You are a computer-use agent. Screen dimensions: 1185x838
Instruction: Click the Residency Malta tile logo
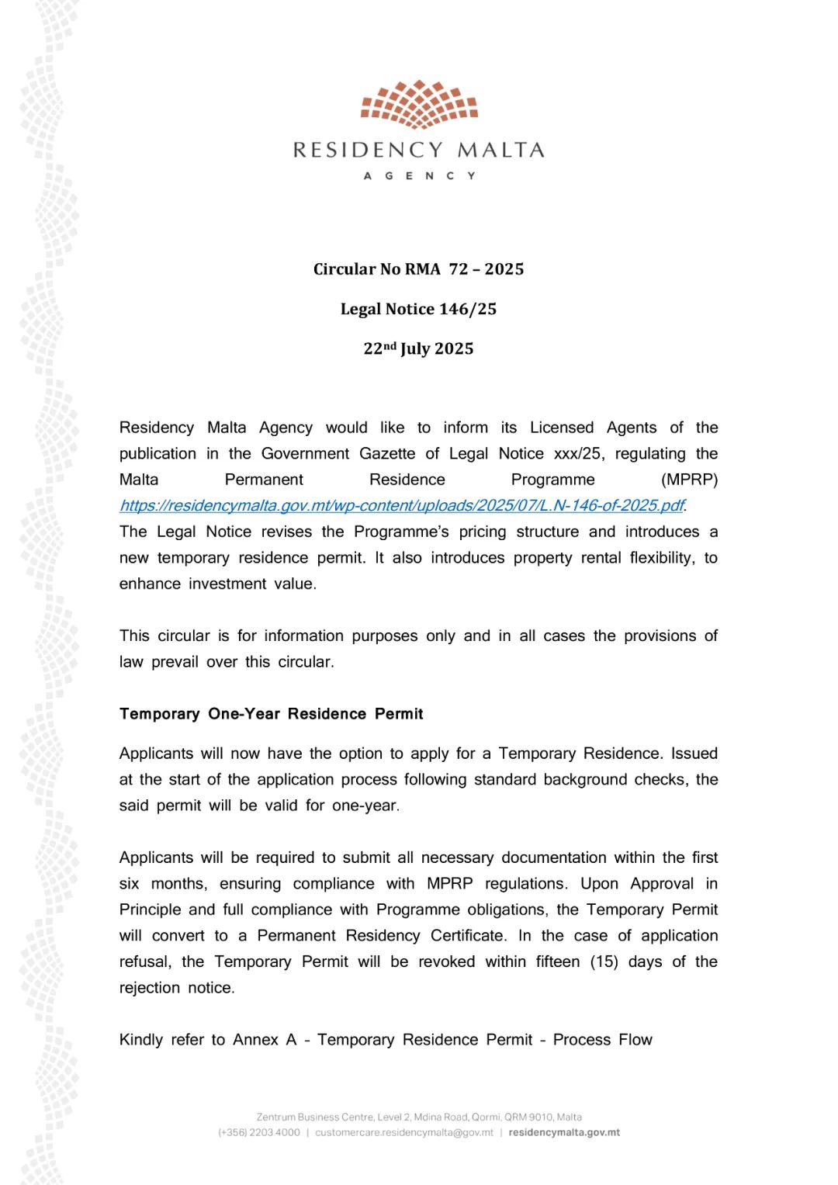pos(419,104)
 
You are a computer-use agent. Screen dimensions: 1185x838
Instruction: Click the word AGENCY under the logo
pos(419,176)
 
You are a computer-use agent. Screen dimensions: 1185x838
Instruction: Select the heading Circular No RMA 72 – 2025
pos(419,269)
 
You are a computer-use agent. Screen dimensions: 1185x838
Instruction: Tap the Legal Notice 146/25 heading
pos(419,309)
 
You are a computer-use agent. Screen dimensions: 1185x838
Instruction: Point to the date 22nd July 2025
pos(419,348)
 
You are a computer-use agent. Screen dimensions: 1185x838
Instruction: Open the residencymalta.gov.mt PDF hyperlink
pos(402,506)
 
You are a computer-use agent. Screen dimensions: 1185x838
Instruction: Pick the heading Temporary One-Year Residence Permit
pos(272,714)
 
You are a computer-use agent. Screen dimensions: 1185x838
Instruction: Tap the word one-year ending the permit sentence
pos(365,806)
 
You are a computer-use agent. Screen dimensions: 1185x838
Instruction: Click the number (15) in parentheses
pos(604,962)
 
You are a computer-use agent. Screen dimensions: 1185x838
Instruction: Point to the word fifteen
pos(557,962)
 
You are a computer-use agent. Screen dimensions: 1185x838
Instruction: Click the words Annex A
pos(265,1040)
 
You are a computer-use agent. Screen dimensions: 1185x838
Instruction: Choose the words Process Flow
pos(602,1040)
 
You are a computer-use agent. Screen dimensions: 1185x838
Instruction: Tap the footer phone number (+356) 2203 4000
pos(259,1132)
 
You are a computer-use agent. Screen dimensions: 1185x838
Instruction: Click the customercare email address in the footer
pos(404,1132)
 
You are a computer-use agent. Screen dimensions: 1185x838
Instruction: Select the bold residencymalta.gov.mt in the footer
pos(564,1132)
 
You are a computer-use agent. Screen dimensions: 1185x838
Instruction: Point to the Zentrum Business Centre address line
pos(419,1117)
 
